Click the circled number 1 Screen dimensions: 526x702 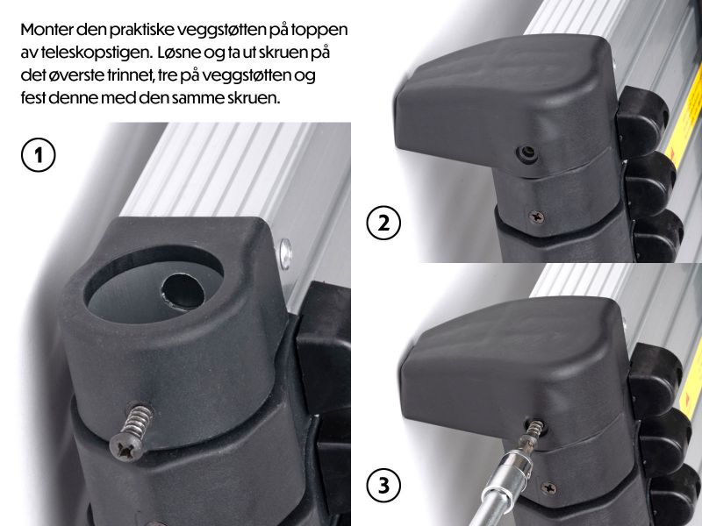(36, 157)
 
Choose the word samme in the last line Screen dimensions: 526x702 (197, 98)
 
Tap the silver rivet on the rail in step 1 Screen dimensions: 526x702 (284, 253)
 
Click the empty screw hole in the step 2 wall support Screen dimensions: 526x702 (525, 153)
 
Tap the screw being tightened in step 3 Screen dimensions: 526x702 (534, 428)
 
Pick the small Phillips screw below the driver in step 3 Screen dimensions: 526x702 (550, 485)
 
